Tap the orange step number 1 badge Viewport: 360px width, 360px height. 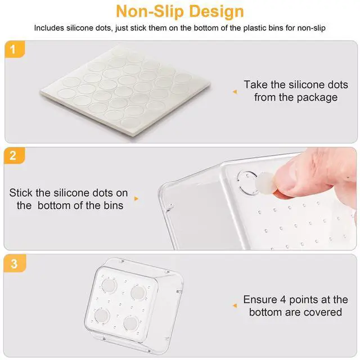(x=15, y=49)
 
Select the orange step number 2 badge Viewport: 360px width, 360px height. (x=14, y=156)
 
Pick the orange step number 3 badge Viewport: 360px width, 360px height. (x=15, y=263)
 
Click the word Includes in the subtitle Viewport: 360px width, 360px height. (x=49, y=28)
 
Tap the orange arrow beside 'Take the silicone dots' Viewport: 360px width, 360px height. (x=235, y=92)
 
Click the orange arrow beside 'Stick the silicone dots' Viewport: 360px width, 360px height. (x=136, y=199)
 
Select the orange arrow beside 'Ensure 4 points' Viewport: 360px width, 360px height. (x=235, y=305)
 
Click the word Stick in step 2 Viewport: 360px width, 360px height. (x=21, y=192)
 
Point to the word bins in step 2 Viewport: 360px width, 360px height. (x=114, y=205)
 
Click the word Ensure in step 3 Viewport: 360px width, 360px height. (x=260, y=299)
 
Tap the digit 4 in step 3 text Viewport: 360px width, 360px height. (x=283, y=299)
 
